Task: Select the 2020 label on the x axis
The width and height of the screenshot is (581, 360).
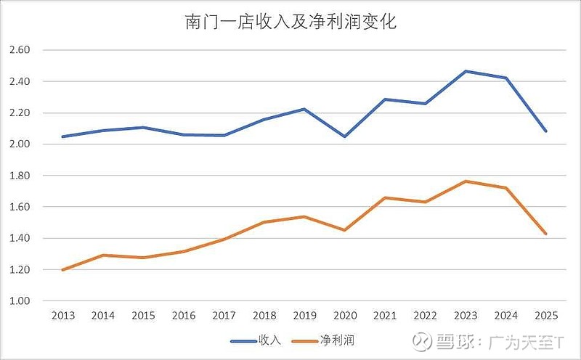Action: [x=344, y=316]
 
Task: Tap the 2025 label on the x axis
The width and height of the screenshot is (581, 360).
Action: [x=546, y=316]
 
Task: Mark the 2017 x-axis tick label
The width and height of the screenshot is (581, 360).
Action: [x=224, y=316]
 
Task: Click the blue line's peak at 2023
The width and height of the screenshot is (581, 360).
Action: [x=466, y=71]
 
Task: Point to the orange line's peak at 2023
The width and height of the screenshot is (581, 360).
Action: [x=466, y=181]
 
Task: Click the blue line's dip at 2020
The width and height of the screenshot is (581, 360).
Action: [x=344, y=136]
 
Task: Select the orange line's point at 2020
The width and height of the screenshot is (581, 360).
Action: [x=344, y=230]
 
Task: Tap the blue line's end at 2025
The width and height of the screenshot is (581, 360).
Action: [x=546, y=131]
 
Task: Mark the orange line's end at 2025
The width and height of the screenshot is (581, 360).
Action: [x=546, y=234]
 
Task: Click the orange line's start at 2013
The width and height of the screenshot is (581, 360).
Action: [x=62, y=270]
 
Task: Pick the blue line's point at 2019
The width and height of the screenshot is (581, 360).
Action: [x=304, y=109]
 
